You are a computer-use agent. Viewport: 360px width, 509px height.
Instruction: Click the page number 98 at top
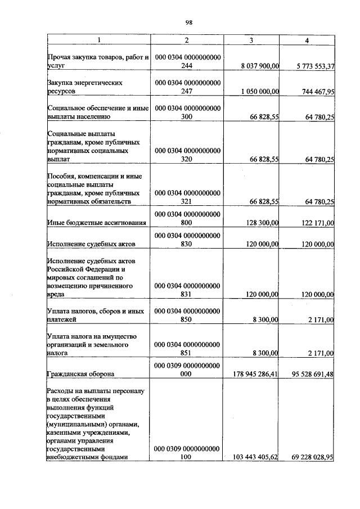189,22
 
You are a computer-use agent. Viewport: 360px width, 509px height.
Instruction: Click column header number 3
251,40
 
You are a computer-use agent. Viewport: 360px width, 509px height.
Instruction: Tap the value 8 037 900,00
260,66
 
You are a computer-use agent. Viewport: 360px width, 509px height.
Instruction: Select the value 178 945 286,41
256,373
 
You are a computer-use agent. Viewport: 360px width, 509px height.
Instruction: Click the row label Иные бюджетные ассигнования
97,223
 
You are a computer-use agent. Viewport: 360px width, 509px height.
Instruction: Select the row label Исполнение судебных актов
91,244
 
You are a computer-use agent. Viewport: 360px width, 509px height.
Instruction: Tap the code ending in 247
187,87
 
